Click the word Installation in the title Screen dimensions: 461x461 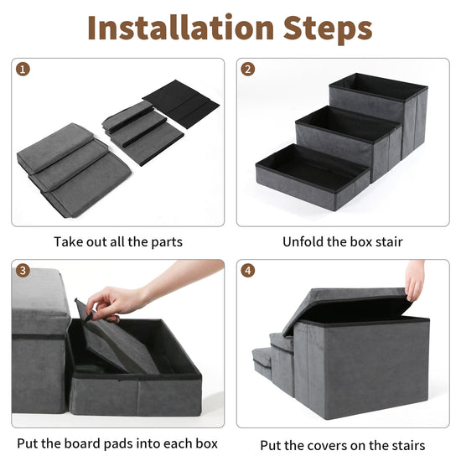click(x=181, y=28)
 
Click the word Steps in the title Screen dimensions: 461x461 click(x=328, y=30)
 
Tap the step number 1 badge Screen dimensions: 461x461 click(x=23, y=70)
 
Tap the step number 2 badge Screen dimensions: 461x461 click(x=248, y=70)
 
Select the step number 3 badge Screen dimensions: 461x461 click(x=23, y=271)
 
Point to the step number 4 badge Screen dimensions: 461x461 click(x=248, y=271)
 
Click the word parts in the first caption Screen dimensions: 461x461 click(x=167, y=242)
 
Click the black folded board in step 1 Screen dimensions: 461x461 click(x=181, y=103)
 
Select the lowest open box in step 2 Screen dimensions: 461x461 click(x=313, y=177)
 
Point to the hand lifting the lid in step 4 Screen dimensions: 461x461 click(x=414, y=280)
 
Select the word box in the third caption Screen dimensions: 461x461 click(x=207, y=443)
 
